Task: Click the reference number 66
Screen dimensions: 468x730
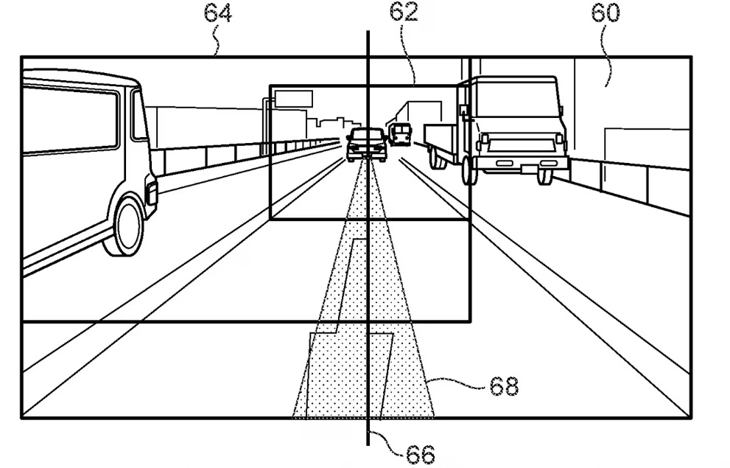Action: [x=421, y=453]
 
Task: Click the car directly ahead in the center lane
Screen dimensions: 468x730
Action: [x=366, y=144]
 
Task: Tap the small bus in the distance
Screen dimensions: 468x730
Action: [x=400, y=134]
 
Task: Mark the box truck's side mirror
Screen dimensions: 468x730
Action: [x=464, y=111]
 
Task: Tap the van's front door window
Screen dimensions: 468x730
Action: [x=138, y=116]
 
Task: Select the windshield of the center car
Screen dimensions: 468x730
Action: [x=366, y=136]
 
